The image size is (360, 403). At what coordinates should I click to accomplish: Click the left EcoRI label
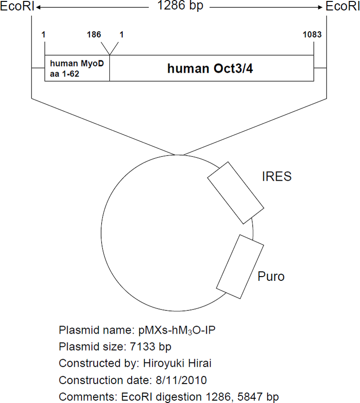point(17,6)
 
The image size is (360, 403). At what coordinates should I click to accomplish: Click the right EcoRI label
point(343,6)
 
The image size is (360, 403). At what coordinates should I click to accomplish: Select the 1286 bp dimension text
point(180,6)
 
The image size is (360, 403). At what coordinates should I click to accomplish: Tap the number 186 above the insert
point(94,34)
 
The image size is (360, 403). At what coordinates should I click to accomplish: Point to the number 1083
point(312,34)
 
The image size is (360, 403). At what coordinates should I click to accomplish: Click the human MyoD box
point(77,68)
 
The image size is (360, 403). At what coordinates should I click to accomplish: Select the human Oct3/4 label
point(210,68)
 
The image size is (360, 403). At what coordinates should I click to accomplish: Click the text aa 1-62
point(65,74)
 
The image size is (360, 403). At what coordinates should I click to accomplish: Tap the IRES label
point(277,177)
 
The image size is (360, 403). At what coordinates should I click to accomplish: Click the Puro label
point(271,277)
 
